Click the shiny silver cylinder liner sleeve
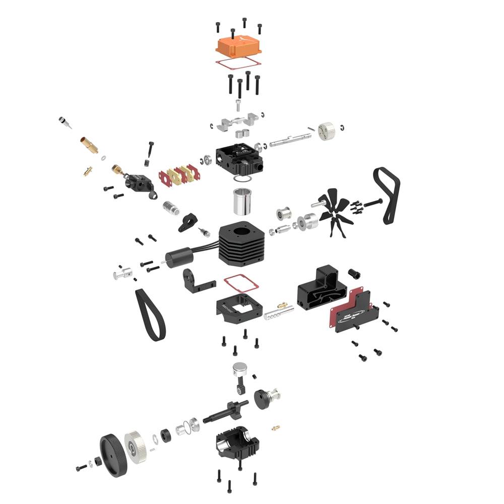[242, 202]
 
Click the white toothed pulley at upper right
[327, 130]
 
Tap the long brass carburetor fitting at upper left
[89, 145]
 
